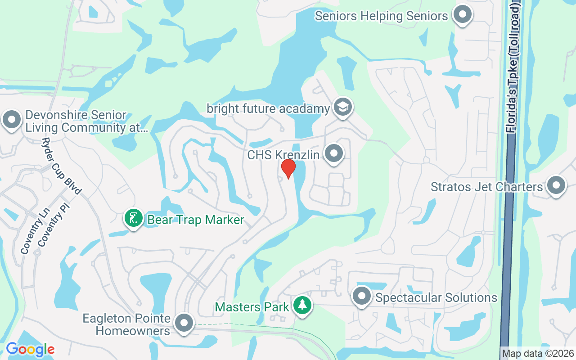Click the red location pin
click(288, 168)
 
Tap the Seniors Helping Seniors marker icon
click(462, 14)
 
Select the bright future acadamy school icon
click(343, 107)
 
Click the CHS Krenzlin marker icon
click(333, 153)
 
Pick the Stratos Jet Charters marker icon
click(556, 185)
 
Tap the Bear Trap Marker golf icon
click(133, 218)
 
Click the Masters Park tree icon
click(302, 305)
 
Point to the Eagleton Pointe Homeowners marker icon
click(184, 323)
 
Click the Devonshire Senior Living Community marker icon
click(12, 120)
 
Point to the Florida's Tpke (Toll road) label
click(513, 67)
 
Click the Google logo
click(30, 349)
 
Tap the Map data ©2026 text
click(538, 354)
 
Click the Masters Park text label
click(252, 307)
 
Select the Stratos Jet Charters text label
click(487, 187)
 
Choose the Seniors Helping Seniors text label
click(382, 16)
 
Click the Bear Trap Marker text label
click(196, 220)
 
